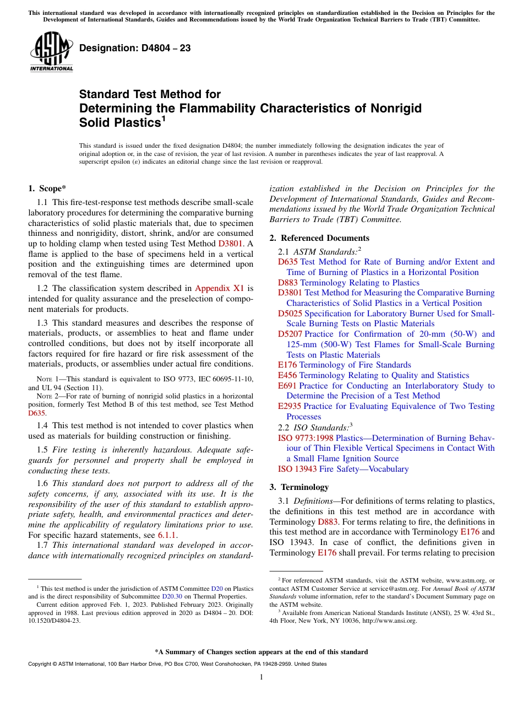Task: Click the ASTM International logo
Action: pos(51,51)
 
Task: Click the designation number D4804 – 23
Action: pos(135,48)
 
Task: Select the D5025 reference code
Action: pos(290,314)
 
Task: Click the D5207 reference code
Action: pos(290,334)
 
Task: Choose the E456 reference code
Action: pos(287,375)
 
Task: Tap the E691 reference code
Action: pos(287,386)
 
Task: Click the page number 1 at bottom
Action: pos(261,677)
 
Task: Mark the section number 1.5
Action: pos(43,449)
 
